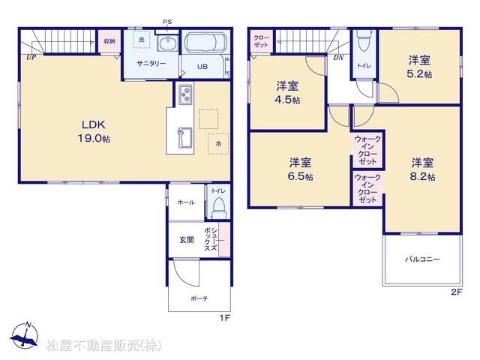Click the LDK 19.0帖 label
[94, 131]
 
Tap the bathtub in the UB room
[205, 43]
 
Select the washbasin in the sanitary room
[167, 43]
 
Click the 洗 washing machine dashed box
[142, 39]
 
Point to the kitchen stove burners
[185, 94]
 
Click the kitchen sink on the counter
[185, 137]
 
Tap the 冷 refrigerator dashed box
[218, 143]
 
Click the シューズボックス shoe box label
[211, 239]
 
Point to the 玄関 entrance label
[187, 240]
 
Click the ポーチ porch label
[199, 298]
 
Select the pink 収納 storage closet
[109, 40]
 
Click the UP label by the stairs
[31, 57]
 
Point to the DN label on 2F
[338, 57]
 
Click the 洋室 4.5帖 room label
[287, 93]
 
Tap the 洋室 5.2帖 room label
[419, 67]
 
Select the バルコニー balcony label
[422, 259]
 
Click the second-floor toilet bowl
[364, 40]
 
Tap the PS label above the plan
[167, 22]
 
